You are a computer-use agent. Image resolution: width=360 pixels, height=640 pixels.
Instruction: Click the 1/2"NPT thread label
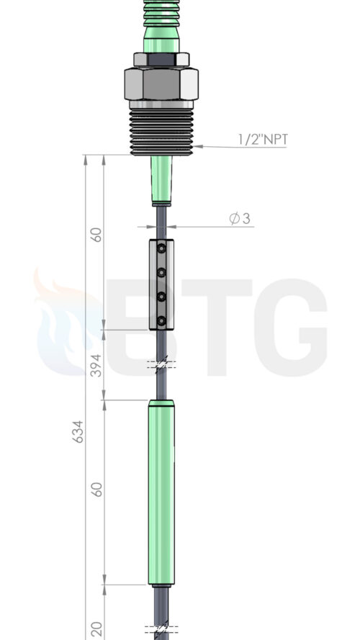tap(263, 140)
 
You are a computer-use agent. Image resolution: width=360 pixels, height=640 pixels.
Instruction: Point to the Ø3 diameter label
tap(240, 219)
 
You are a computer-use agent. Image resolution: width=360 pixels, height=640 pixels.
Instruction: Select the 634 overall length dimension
tap(78, 431)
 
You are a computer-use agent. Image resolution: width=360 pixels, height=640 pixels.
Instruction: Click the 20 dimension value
tap(96, 629)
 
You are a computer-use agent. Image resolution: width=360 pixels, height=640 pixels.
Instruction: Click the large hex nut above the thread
tap(161, 84)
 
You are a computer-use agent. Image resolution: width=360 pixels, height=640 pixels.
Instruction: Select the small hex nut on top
tap(161, 60)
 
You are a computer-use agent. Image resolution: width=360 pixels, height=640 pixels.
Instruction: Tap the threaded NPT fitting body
tap(161, 130)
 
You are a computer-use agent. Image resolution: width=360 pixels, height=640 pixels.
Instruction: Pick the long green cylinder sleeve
tap(161, 492)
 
